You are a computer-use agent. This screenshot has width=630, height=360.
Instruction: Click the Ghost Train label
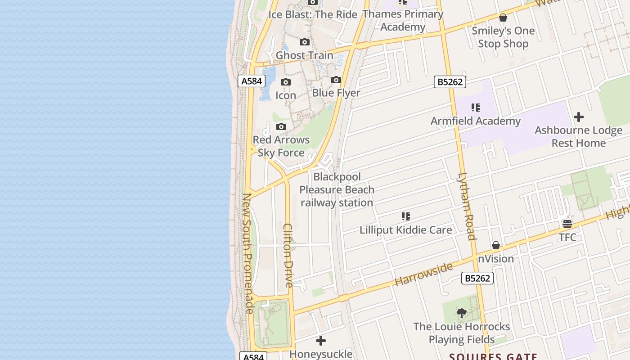point(304,55)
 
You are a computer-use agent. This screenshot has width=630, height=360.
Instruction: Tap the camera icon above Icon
point(286,82)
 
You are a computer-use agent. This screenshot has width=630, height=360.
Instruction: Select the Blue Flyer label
point(336,93)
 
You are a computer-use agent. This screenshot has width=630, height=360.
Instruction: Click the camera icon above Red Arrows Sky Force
point(281,126)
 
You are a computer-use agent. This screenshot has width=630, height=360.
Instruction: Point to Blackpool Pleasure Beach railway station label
point(337,190)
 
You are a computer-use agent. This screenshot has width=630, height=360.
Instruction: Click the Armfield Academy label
point(475,121)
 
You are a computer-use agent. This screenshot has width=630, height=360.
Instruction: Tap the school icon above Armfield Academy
point(476,108)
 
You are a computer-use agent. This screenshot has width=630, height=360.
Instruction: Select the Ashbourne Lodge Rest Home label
point(578,137)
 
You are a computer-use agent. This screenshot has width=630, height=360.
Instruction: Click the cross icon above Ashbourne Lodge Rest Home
point(579,117)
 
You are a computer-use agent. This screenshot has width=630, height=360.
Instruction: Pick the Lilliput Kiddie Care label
point(405,230)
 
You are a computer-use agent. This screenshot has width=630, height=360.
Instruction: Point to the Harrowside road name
point(423,274)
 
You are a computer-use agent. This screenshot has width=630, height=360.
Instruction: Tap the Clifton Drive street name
point(288,255)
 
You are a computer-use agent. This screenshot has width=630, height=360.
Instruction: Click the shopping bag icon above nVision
point(496,245)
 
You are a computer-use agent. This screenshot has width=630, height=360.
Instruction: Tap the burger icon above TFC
point(567,224)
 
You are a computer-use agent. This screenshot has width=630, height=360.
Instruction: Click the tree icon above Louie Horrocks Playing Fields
point(461,313)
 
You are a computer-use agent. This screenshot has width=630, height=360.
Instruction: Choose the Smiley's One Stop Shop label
point(503,37)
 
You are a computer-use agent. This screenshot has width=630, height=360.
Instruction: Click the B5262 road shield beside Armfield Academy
point(450,82)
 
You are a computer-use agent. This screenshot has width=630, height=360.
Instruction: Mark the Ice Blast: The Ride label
point(313,14)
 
